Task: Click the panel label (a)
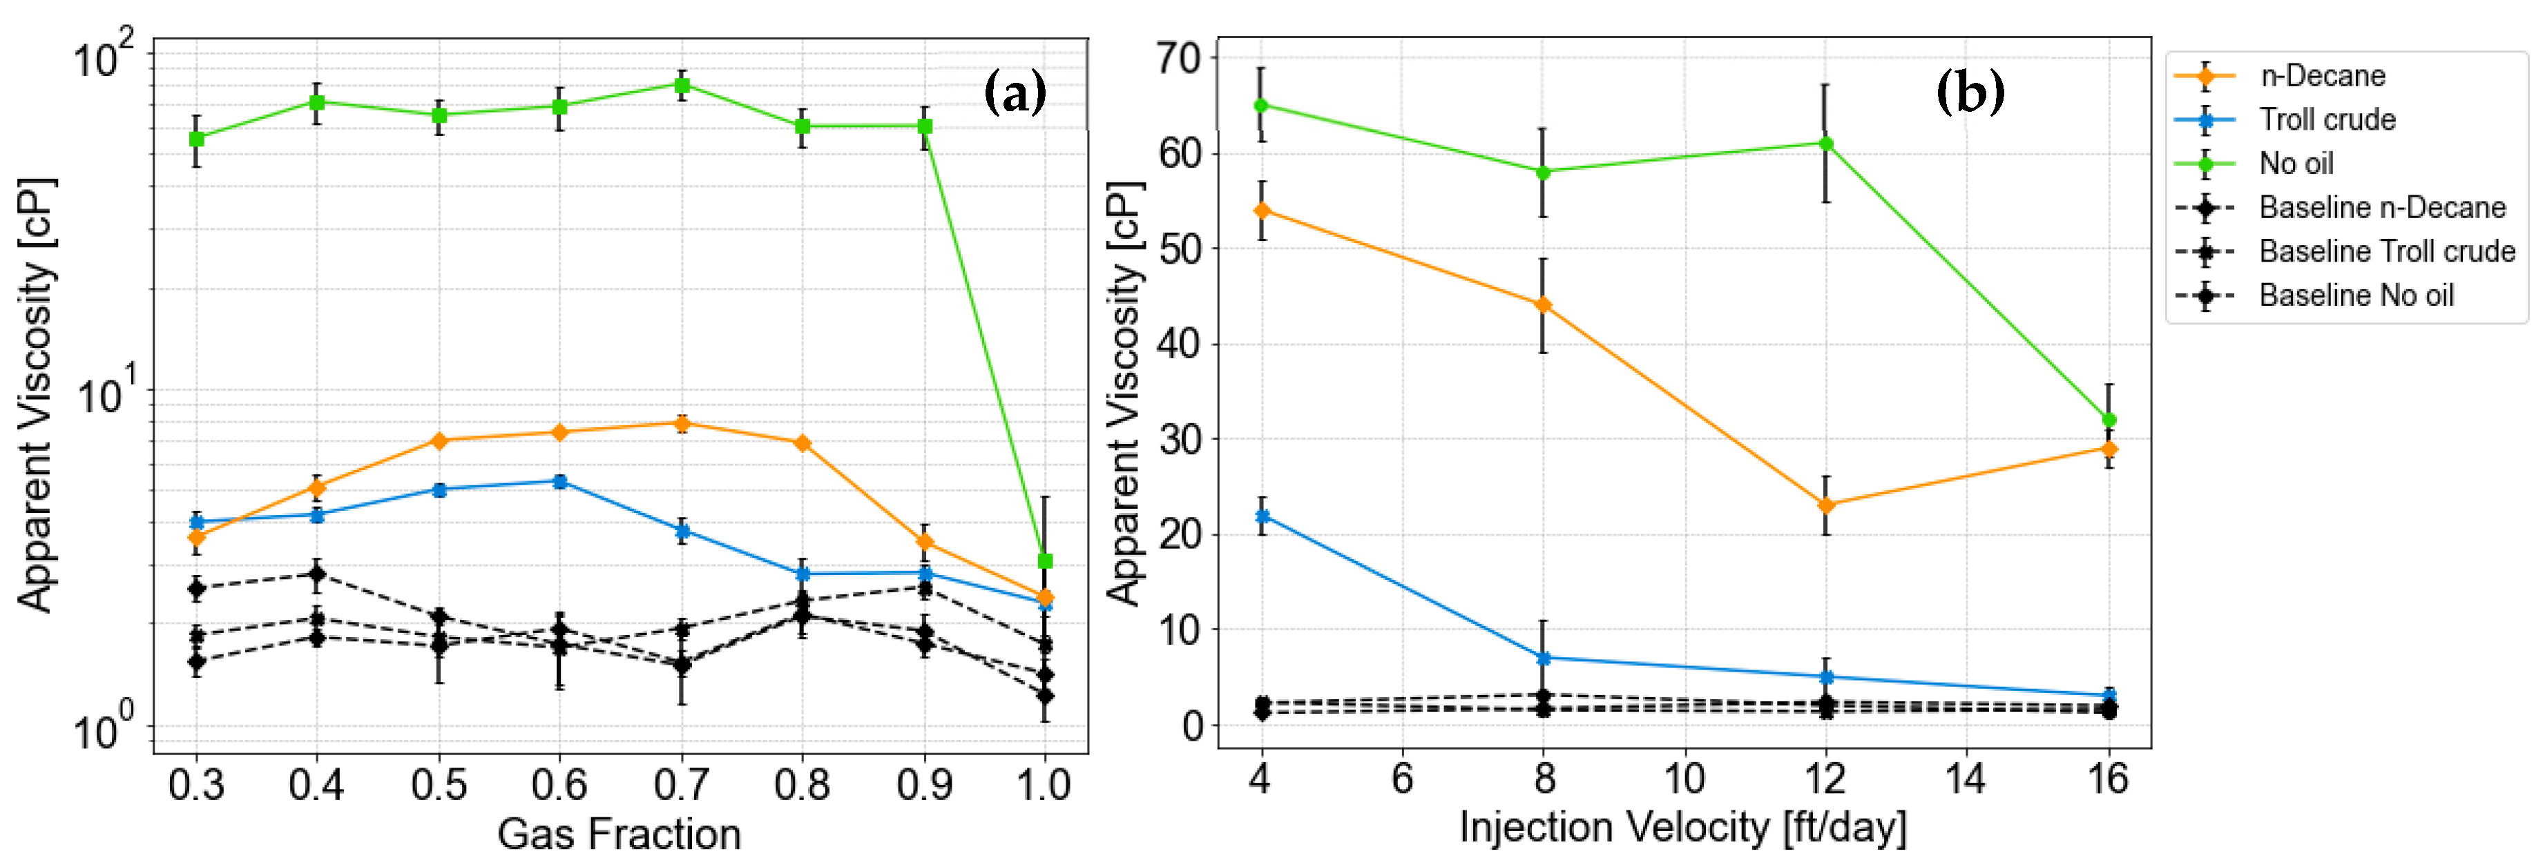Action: pos(1015,94)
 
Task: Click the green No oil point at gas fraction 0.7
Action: pos(682,85)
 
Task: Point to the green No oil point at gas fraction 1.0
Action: pos(1045,561)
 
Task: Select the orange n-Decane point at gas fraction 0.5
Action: pos(439,440)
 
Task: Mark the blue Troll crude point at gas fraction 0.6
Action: pos(560,482)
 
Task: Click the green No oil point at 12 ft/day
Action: pos(1826,143)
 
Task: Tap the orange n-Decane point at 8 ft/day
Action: pos(1542,305)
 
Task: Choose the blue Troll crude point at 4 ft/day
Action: pos(1260,516)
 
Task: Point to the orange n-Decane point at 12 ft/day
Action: pos(1826,505)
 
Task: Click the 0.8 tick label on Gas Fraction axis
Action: pos(803,785)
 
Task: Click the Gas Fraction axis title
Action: pos(620,835)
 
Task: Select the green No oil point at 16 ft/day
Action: pos(2109,420)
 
